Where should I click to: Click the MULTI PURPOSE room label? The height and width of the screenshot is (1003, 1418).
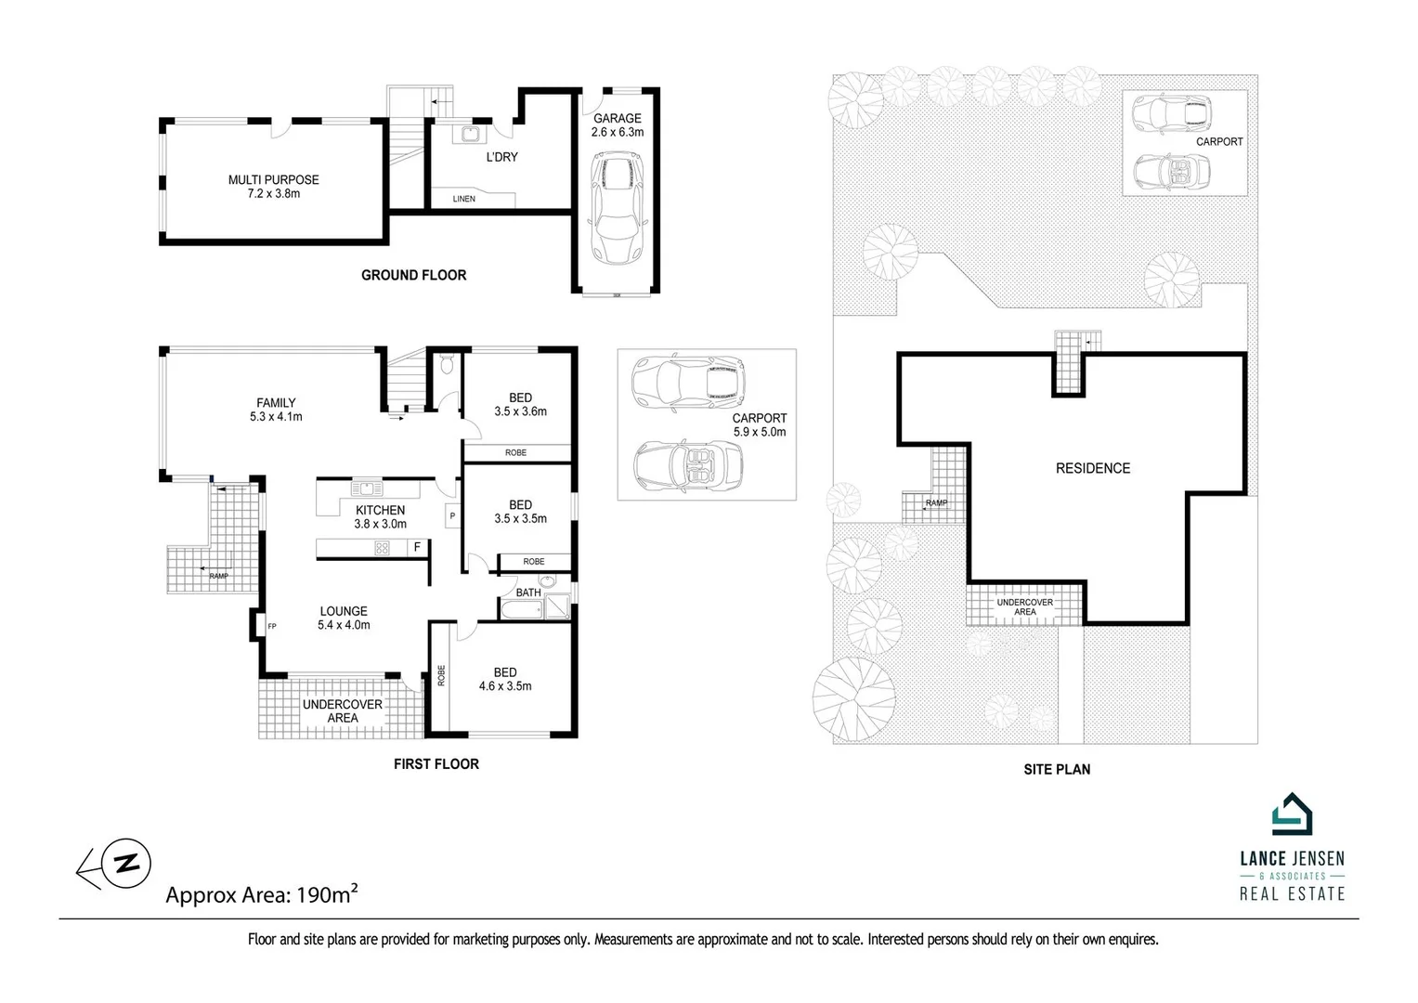pyautogui.click(x=273, y=187)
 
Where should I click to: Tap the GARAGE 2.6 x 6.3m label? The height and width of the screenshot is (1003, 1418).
pyautogui.click(x=618, y=125)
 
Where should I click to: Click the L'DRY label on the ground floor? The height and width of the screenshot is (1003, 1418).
pyautogui.click(x=502, y=157)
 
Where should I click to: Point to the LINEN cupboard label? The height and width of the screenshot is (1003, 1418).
pyautogui.click(x=463, y=199)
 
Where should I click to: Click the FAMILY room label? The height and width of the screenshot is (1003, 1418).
pyautogui.click(x=276, y=410)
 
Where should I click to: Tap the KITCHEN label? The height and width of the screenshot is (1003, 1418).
pyautogui.click(x=380, y=516)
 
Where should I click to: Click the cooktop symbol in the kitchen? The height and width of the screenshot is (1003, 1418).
pyautogui.click(x=381, y=548)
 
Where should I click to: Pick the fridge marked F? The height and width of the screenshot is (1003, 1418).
pyautogui.click(x=418, y=548)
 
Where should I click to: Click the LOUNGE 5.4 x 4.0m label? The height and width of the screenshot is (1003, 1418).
pyautogui.click(x=344, y=618)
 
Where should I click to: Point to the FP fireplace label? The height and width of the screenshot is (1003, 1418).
pyautogui.click(x=272, y=627)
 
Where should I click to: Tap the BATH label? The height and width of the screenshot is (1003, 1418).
pyautogui.click(x=528, y=593)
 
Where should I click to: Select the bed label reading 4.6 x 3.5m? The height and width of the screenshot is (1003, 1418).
pyautogui.click(x=505, y=679)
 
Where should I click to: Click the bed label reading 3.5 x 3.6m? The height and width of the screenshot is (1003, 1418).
pyautogui.click(x=520, y=404)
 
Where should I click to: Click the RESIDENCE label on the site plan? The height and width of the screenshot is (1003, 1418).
pyautogui.click(x=1093, y=468)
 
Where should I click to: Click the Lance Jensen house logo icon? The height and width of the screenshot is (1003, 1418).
pyautogui.click(x=1291, y=815)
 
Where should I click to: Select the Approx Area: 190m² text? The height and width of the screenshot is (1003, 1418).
pyautogui.click(x=262, y=895)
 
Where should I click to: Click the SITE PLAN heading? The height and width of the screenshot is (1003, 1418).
pyautogui.click(x=1056, y=769)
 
